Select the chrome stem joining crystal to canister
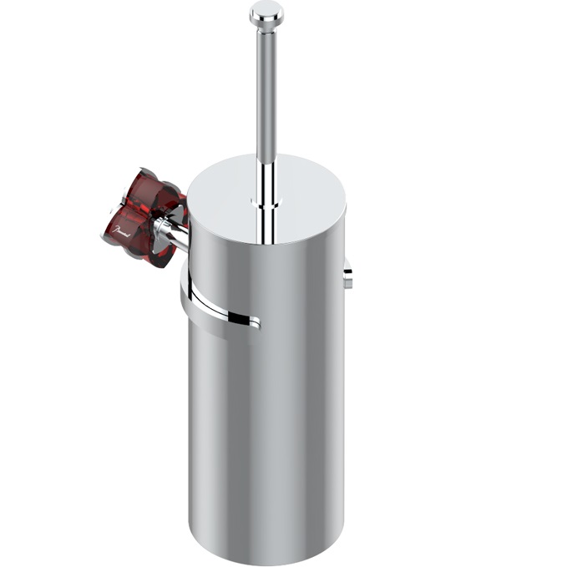point(176,234)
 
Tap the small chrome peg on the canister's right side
point(347,276)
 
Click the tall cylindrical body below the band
point(267,418)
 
